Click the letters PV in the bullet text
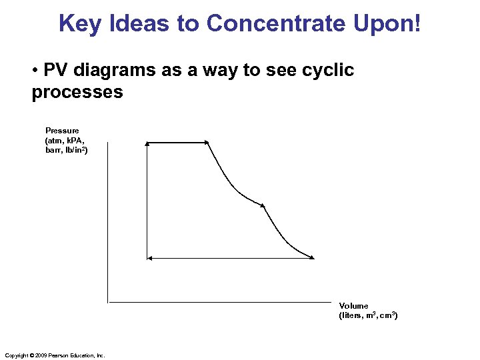tap(56, 70)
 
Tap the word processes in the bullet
tap(77, 92)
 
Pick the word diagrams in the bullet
tap(109, 70)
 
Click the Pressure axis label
tap(62, 131)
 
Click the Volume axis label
tap(353, 306)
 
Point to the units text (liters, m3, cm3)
tap(368, 315)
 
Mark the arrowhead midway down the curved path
tap(263, 205)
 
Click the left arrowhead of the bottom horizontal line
tap(149, 257)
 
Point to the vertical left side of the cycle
tap(147, 200)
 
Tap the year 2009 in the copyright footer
tap(40, 355)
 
